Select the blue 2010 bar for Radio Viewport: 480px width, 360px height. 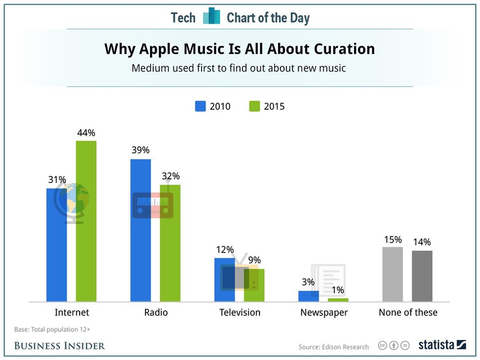point(141,253)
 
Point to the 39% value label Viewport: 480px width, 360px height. point(140,150)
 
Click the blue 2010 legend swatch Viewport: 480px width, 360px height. point(200,106)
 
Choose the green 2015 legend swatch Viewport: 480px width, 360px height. point(254,106)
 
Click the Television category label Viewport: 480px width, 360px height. point(240,312)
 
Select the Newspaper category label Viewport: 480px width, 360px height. point(324,312)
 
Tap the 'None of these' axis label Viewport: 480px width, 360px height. point(408,312)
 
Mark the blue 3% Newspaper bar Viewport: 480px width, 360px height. point(308,296)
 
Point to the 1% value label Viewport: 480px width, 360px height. point(337,290)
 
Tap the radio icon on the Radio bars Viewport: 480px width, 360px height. point(153,205)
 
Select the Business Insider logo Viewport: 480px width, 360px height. point(60,346)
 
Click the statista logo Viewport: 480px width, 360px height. point(442,345)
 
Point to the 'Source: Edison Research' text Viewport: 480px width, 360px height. point(334,347)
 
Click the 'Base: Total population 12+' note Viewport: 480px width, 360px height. point(52,330)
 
